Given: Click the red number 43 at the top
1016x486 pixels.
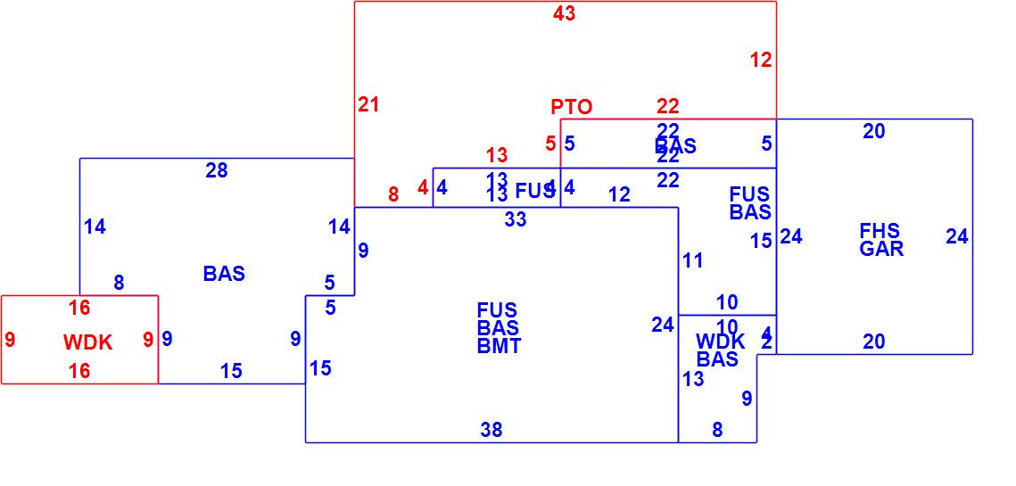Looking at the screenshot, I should (564, 13).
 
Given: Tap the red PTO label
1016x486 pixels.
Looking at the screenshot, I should (571, 107).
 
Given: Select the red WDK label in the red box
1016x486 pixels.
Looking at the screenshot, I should (88, 342).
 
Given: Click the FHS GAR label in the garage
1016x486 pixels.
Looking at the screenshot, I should (880, 240).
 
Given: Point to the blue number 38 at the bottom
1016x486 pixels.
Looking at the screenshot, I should (491, 430).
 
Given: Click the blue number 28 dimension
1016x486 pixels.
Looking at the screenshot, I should (217, 170).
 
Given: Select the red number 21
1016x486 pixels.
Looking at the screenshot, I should (368, 104).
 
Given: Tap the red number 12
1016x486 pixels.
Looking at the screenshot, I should (761, 61).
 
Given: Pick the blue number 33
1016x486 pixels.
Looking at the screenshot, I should (516, 219).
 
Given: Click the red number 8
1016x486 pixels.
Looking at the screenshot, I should (393, 194).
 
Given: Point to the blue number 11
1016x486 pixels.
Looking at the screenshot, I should (693, 260).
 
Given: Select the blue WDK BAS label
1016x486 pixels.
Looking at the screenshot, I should (719, 350).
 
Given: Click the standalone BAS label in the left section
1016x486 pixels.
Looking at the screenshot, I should (224, 274).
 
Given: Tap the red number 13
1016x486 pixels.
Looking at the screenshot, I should (497, 156).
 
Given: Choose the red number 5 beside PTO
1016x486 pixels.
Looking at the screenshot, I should (550, 143).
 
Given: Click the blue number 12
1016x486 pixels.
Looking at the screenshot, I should (620, 194).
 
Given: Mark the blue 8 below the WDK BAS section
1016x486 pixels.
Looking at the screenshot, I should (717, 430).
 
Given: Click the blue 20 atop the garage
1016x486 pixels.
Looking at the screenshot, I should (874, 131).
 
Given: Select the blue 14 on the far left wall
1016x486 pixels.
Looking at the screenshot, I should (95, 227).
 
